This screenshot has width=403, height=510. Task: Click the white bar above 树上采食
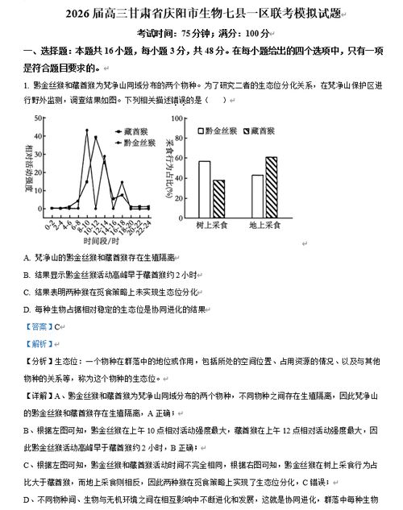point(205,185)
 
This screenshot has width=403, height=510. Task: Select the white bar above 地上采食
point(257,192)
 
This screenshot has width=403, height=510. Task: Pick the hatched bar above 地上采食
point(271,182)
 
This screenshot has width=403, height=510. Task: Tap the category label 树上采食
point(211,225)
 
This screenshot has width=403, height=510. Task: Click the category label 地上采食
point(264,225)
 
